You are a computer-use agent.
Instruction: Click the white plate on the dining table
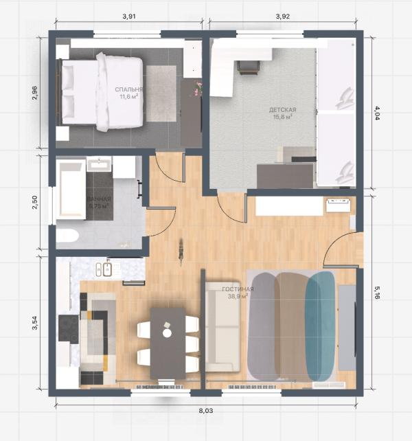[x=167, y=332]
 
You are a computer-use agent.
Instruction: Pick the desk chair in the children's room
[x=247, y=67]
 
